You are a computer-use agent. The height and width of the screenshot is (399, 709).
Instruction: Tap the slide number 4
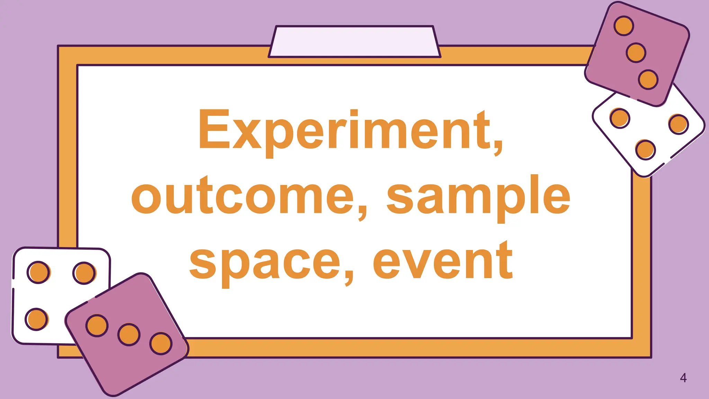tap(683, 378)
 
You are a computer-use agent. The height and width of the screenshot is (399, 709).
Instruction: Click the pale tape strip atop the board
tap(354, 42)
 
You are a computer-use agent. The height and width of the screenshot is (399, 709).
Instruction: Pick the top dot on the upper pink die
tap(624, 26)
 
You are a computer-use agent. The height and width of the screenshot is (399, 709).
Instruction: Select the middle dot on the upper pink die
tap(636, 53)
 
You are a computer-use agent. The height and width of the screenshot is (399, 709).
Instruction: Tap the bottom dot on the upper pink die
tap(648, 79)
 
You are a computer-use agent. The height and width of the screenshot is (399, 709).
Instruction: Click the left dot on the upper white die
tap(619, 118)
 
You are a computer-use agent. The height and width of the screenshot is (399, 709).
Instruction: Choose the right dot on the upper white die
tap(678, 124)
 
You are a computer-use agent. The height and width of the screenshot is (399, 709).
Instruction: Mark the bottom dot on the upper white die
tap(645, 150)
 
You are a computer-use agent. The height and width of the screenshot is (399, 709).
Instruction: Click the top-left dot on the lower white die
tap(38, 272)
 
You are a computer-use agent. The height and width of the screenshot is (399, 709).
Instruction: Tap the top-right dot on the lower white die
tap(84, 273)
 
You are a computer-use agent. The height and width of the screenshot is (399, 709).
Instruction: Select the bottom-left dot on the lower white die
tap(36, 319)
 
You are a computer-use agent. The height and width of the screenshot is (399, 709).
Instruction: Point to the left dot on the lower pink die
tap(97, 326)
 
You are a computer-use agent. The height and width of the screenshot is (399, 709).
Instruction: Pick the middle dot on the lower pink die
tap(129, 335)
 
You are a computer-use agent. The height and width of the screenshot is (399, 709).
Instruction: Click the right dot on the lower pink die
tap(161, 344)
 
